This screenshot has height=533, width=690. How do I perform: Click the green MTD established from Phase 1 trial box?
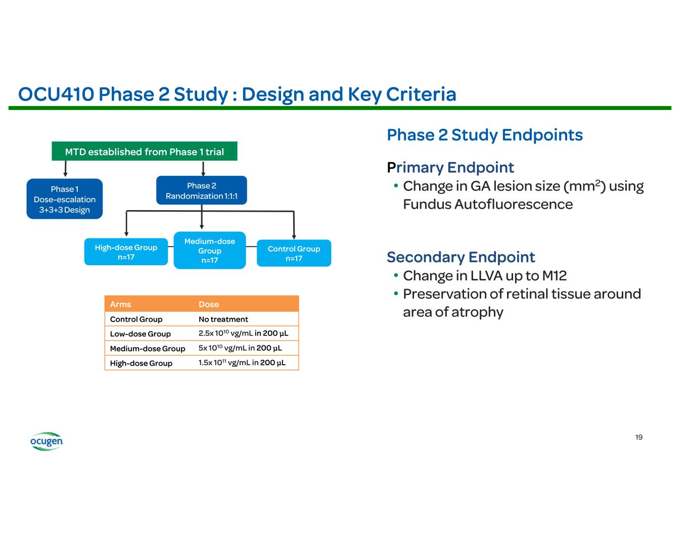click(144, 152)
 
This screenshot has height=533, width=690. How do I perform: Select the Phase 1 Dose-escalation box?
click(65, 199)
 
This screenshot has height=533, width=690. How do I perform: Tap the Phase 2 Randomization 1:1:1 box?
click(202, 190)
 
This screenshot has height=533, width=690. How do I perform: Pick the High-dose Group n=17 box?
click(126, 252)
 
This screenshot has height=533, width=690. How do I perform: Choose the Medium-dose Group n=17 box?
click(210, 251)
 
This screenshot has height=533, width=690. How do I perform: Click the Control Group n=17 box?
click(294, 253)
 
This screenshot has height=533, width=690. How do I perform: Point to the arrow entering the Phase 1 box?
click(65, 169)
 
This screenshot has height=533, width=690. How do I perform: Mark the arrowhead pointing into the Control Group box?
click(294, 236)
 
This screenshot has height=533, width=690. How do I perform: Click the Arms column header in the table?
click(120, 304)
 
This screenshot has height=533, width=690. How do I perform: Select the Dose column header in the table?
click(209, 304)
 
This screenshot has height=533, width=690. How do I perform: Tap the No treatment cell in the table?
click(223, 319)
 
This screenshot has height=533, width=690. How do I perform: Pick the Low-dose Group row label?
click(140, 334)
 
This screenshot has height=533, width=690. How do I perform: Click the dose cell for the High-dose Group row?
click(242, 363)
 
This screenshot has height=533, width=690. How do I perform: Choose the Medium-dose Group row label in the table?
click(147, 349)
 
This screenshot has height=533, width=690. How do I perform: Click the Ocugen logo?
click(47, 442)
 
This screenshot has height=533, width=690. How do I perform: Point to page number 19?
click(639, 437)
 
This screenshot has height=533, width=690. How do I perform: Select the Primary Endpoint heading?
click(450, 167)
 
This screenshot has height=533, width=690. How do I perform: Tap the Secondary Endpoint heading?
click(461, 257)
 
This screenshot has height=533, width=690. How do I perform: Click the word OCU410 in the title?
click(56, 94)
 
